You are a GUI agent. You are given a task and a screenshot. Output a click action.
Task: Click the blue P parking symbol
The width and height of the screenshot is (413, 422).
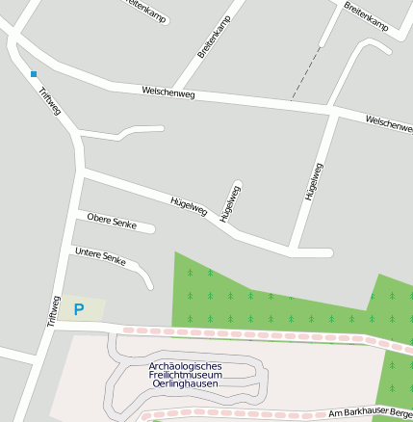tap(79, 309)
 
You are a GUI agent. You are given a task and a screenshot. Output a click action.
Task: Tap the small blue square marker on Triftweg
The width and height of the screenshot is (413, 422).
tap(34, 73)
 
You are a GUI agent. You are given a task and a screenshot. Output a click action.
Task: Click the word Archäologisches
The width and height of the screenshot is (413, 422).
tap(186, 366)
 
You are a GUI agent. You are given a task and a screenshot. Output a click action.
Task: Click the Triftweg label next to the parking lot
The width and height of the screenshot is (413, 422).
tap(53, 310)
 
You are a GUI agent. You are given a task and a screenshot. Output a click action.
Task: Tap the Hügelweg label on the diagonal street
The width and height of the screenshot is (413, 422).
tap(189, 205)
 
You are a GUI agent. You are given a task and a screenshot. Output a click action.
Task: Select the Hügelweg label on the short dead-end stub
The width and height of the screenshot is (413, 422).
tap(229, 203)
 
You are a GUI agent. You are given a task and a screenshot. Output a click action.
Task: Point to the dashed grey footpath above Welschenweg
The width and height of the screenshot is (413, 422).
tap(306, 72)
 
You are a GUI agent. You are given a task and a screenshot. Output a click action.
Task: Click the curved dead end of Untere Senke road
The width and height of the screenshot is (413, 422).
tap(148, 285)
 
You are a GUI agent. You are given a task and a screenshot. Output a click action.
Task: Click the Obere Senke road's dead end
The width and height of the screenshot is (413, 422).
tap(151, 228)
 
